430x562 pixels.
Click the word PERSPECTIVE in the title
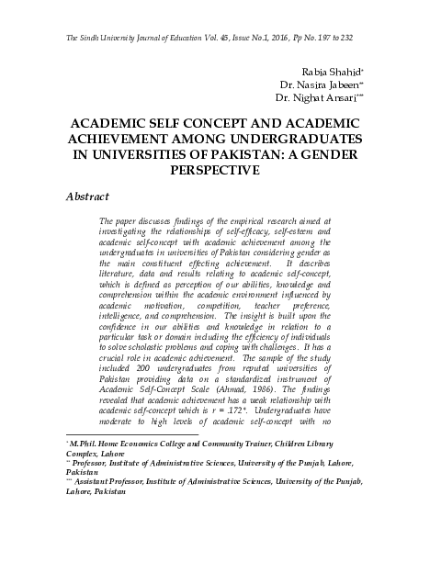coord(214,171)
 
